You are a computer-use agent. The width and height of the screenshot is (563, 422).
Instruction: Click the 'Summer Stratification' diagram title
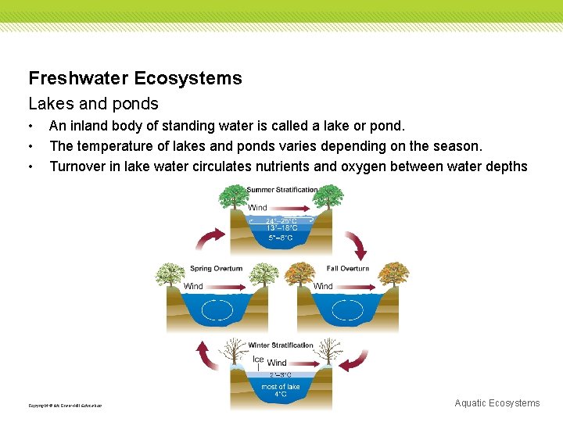[282, 190]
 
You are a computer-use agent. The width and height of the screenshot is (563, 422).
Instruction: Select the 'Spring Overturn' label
[216, 269]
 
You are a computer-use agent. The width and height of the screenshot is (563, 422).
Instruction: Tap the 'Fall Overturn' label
[348, 269]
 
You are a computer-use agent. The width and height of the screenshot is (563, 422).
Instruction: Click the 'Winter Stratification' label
[281, 345]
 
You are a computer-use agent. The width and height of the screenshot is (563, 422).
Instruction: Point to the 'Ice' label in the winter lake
[258, 359]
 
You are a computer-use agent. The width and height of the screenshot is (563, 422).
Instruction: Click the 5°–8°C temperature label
[281, 238]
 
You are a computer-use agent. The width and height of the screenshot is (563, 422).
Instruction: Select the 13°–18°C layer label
[281, 228]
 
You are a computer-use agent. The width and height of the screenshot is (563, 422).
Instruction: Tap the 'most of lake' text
[281, 387]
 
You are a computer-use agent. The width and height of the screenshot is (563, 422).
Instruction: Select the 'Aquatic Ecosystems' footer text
[497, 403]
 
